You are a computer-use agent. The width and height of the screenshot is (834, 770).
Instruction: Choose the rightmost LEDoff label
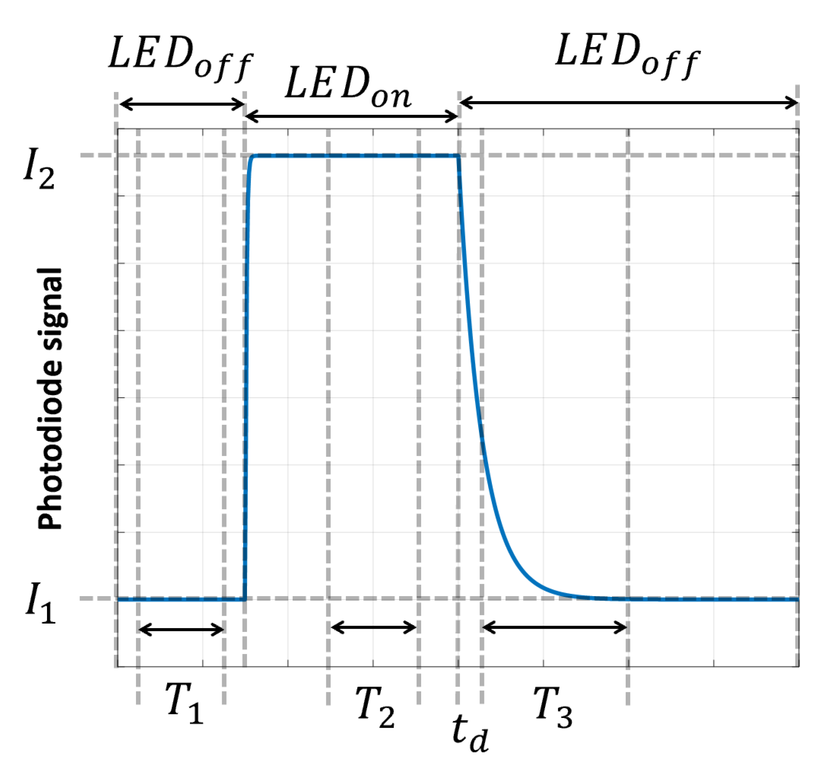(x=627, y=56)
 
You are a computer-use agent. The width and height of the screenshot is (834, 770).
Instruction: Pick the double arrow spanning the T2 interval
(x=373, y=626)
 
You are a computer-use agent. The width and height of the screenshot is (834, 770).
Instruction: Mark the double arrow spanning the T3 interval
(x=554, y=626)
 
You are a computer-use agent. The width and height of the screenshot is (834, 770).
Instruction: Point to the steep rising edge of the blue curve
(x=247, y=375)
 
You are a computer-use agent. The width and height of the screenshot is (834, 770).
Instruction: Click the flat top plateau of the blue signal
(x=354, y=156)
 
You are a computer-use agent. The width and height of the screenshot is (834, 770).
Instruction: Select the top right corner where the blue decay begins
(x=459, y=157)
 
